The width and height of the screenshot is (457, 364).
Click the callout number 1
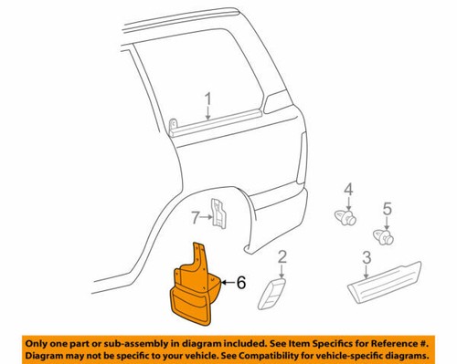pyautogui.click(x=208, y=99)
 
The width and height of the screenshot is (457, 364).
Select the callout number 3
pyautogui.click(x=367, y=257)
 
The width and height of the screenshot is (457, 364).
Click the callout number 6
pyautogui.click(x=241, y=284)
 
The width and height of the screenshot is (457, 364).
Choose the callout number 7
pyautogui.click(x=195, y=217)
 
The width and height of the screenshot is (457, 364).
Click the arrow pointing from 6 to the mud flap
pyautogui.click(x=224, y=284)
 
